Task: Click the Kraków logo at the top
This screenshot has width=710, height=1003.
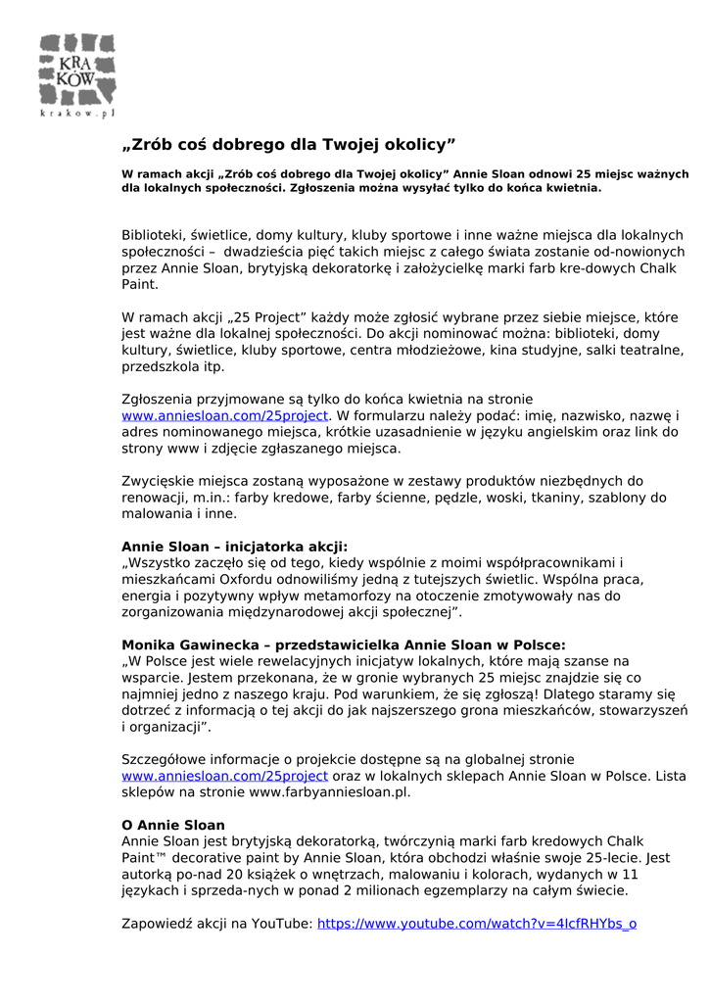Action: point(77,69)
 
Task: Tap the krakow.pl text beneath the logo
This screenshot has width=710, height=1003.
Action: point(77,115)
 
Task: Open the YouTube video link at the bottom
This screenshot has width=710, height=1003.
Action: point(478,923)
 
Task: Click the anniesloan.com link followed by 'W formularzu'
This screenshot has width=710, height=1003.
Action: point(224,415)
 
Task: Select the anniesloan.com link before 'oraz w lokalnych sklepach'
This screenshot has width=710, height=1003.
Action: point(224,776)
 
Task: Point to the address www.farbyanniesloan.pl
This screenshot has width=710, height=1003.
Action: point(329,792)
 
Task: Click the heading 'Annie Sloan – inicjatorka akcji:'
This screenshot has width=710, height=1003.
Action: point(234,546)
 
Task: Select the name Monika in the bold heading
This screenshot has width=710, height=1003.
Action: point(148,645)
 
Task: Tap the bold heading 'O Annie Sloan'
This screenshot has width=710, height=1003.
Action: point(173,825)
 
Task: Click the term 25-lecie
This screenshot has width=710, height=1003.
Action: point(613,858)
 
